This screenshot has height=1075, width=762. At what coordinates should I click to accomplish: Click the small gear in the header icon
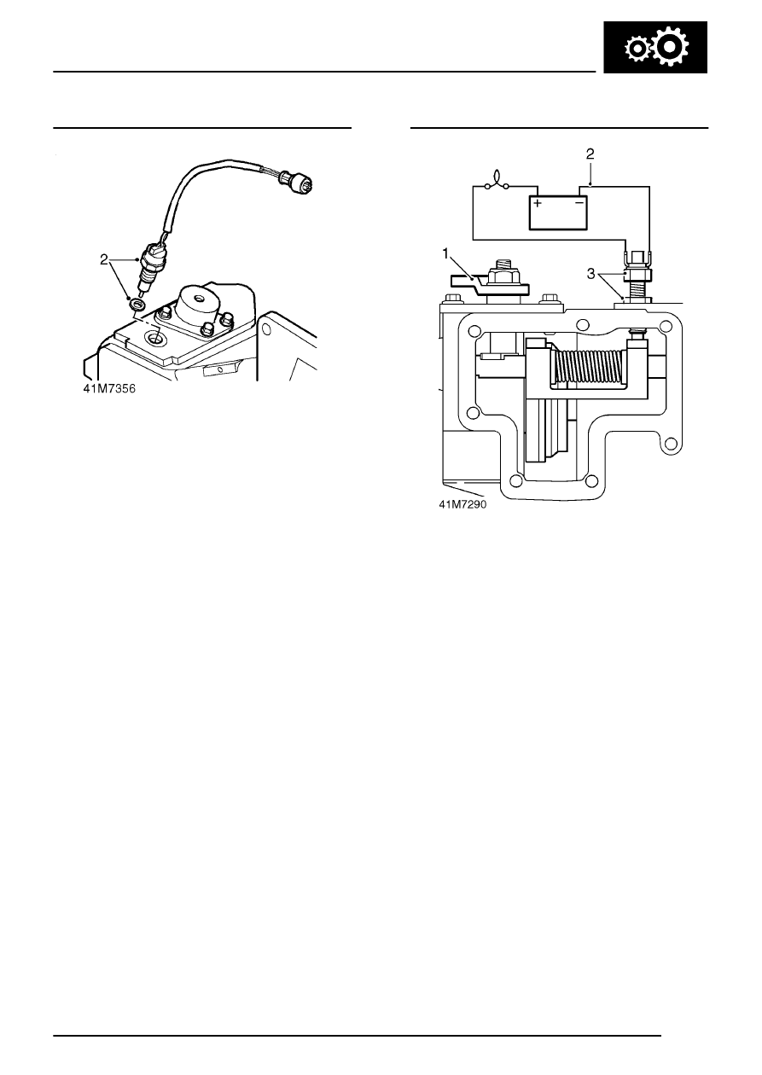pos(637,49)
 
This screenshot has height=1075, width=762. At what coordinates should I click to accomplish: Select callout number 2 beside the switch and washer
pos(104,259)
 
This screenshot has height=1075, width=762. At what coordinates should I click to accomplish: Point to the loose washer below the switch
pos(137,304)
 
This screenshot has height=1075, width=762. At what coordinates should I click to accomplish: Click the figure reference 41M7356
pos(109,388)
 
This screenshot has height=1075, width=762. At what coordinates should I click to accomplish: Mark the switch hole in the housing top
pos(156,339)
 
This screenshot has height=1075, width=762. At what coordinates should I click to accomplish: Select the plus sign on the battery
pos(538,203)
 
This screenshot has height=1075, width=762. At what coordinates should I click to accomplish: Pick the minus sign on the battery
pos(579,203)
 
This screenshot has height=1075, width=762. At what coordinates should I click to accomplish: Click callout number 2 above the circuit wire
pos(590,154)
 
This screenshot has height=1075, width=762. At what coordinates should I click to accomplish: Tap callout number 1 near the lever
pos(445,253)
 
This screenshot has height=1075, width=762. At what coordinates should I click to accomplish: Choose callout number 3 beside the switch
pos(591,274)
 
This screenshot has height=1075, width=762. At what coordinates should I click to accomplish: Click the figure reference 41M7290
pos(462,504)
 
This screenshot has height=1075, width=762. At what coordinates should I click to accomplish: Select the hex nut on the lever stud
pos(502,278)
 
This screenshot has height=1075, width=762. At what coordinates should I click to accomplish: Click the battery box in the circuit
pos(558,212)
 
